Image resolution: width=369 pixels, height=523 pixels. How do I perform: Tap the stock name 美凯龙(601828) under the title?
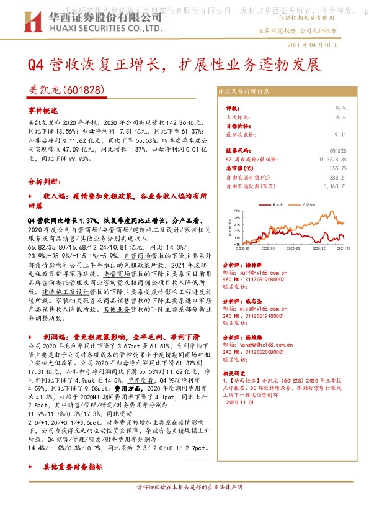click(x=67, y=90)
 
